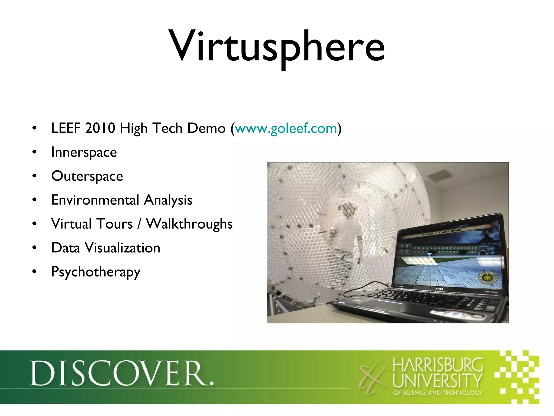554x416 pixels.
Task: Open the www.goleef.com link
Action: (286, 128)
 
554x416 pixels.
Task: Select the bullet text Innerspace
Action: (84, 152)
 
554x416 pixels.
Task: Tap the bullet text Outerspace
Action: (87, 176)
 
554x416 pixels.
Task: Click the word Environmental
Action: (95, 200)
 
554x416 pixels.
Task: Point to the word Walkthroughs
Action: (189, 224)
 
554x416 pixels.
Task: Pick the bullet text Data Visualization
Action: (106, 248)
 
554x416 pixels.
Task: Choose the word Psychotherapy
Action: (96, 272)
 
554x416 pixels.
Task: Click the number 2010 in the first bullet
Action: (100, 128)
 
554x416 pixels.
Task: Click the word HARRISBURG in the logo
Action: (437, 365)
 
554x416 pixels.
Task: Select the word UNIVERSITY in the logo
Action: (437, 380)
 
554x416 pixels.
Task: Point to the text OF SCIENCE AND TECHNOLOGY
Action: (437, 393)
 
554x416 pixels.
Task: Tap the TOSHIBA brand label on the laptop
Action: (438, 289)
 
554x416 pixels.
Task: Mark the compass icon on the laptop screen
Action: (487, 278)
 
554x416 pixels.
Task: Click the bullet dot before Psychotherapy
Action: (34, 272)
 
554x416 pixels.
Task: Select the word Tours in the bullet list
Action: (115, 224)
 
